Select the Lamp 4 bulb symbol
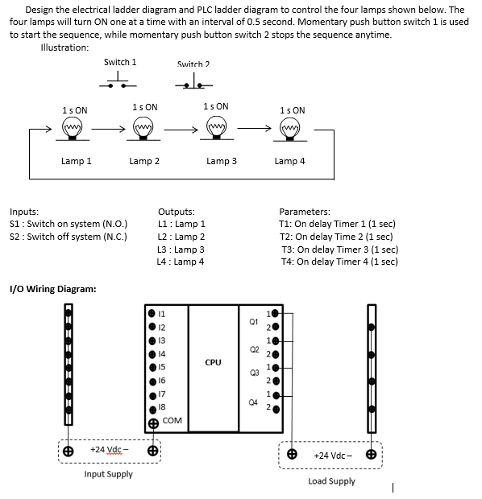coord(292,128)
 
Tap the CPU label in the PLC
coord(213,363)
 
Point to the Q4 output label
coord(253,400)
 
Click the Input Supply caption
coord(108,474)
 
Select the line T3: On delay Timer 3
coord(339,249)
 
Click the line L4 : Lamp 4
coord(181,262)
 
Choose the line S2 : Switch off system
coord(68,237)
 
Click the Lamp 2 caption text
coord(144,161)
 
